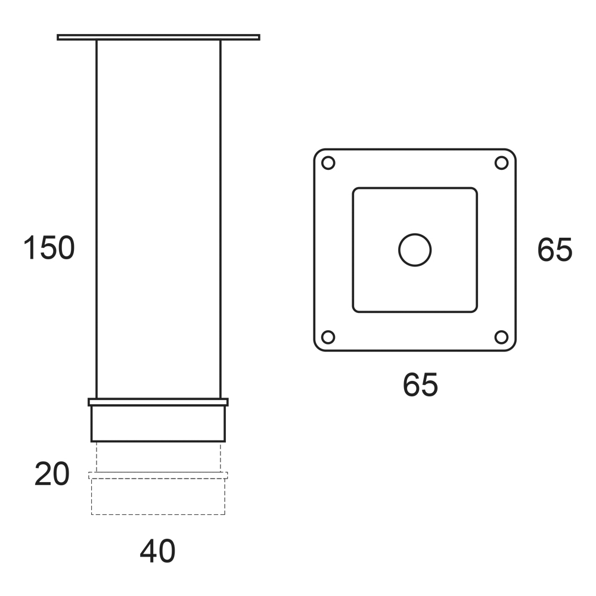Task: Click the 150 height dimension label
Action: pos(49,248)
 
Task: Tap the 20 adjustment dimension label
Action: pos(52,474)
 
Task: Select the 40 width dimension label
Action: pos(157,551)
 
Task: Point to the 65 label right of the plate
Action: pos(554,250)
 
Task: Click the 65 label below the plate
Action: pos(420,384)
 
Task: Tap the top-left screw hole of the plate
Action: pos(328,163)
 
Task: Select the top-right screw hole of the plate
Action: pos(501,163)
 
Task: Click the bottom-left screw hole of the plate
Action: pos(328,337)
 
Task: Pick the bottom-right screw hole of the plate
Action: pos(501,337)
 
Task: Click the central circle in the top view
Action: pos(415,234)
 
